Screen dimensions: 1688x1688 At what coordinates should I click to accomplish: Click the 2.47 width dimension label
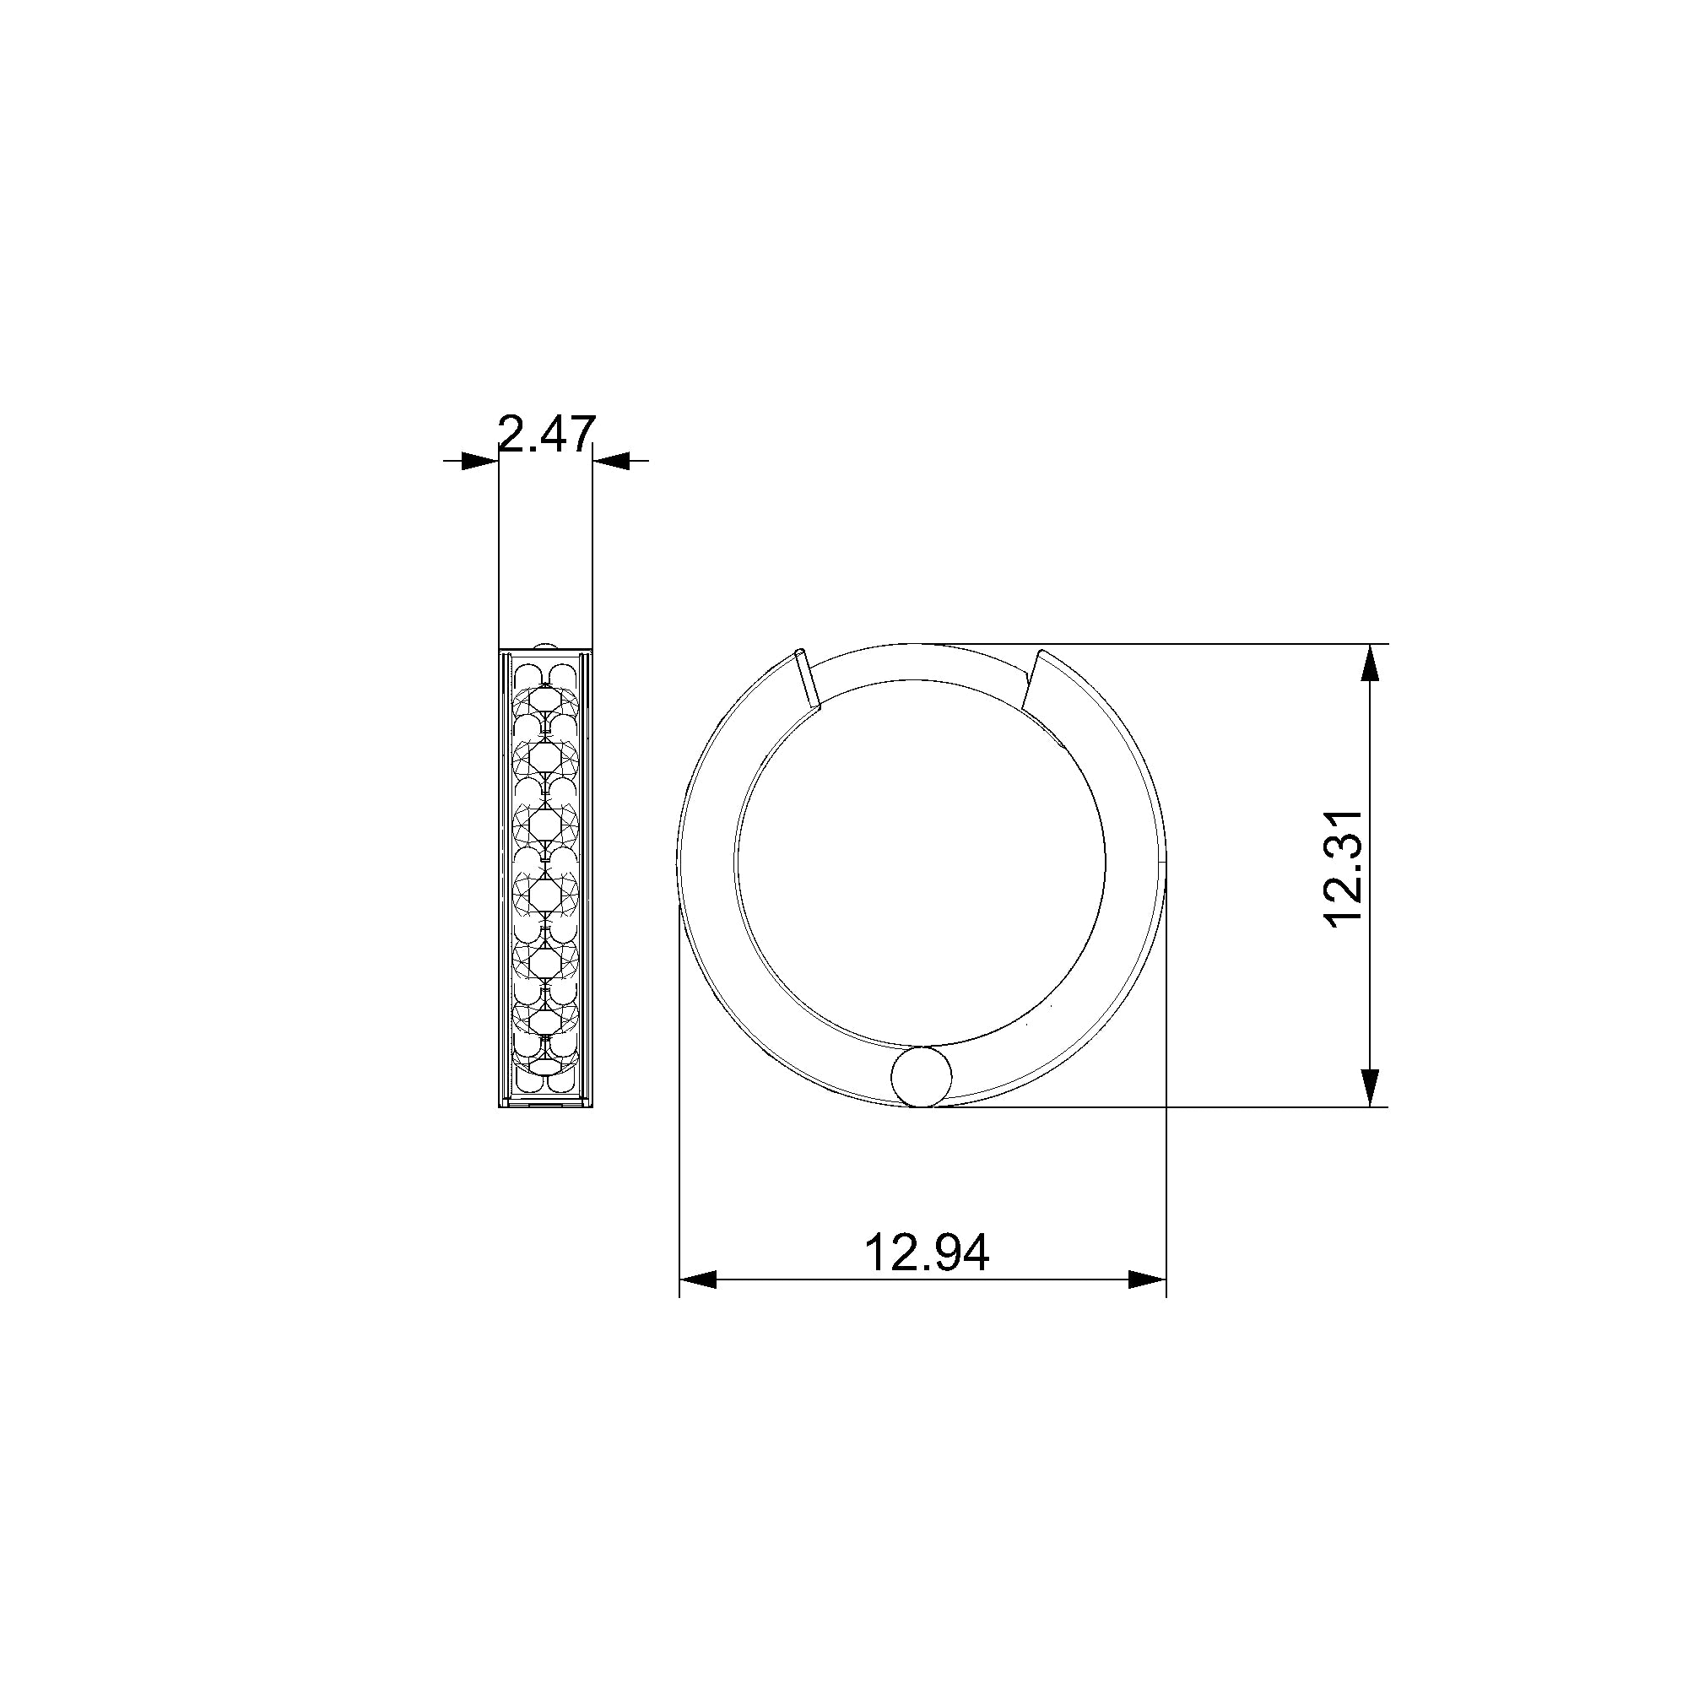(547, 433)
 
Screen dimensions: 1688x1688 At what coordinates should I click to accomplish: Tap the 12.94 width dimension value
(926, 1252)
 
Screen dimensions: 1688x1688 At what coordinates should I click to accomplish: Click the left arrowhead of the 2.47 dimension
(480, 461)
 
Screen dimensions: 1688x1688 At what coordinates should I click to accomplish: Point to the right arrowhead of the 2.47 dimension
(611, 461)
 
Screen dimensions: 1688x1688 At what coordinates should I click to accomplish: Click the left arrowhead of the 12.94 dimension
(698, 1280)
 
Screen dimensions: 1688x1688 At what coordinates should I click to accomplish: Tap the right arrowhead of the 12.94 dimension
(1147, 1280)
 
